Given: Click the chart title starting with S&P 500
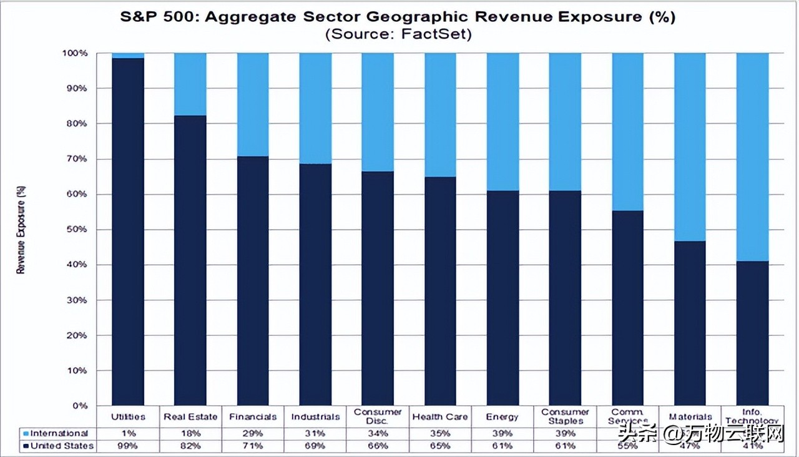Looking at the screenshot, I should tap(398, 17).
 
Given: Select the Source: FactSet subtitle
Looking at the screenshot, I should tap(398, 34).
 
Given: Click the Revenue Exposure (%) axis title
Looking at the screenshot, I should tap(21, 229).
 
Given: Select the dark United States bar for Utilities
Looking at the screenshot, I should tap(128, 231).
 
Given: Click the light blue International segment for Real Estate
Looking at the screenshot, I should tap(190, 84).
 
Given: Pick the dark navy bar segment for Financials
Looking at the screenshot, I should tap(253, 281).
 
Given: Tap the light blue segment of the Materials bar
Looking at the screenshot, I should tap(690, 147).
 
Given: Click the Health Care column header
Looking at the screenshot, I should tap(440, 417).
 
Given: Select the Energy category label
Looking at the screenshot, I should tap(502, 417).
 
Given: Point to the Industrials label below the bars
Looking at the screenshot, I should tap(315, 417).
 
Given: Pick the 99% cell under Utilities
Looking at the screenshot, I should tap(128, 446).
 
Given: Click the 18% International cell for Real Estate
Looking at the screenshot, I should tap(190, 433).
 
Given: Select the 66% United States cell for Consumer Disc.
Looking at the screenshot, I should tap(378, 446).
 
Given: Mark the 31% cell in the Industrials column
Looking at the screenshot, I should tap(315, 433).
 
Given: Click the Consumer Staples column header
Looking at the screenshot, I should tap(565, 416).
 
